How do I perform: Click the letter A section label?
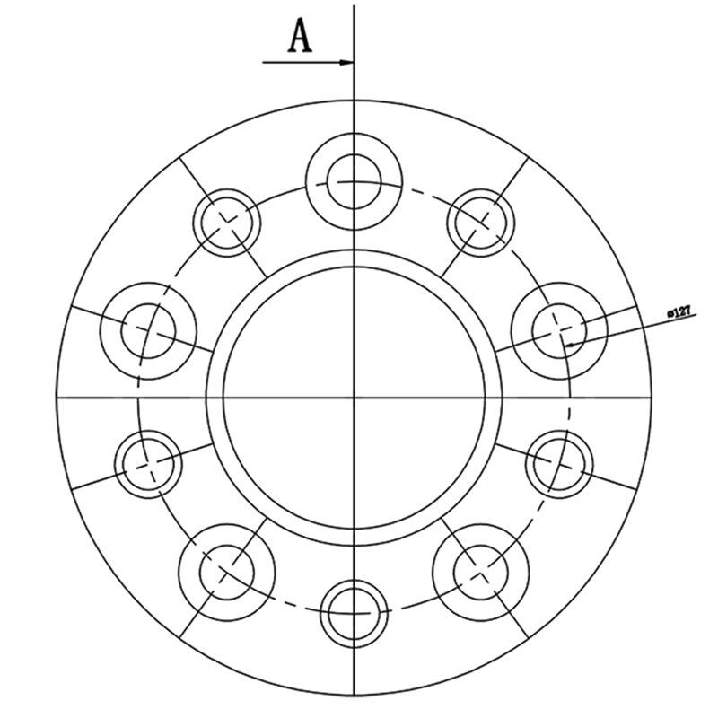(x=301, y=36)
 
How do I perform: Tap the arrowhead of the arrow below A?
(x=346, y=62)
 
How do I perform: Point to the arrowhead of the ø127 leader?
(x=570, y=345)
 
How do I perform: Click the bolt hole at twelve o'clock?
(x=354, y=181)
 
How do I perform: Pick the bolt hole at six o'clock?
(x=354, y=614)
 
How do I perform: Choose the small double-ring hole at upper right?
(x=481, y=223)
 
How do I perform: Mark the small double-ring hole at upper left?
(x=227, y=223)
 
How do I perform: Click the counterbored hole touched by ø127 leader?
(x=559, y=330)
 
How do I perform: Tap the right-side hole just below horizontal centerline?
(x=559, y=464)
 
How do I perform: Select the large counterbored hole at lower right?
(x=481, y=573)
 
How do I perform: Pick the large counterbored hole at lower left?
(x=227, y=573)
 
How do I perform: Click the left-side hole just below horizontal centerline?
(x=148, y=464)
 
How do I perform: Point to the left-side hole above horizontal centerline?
(x=148, y=330)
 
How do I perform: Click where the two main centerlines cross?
(x=354, y=398)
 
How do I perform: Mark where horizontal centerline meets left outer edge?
(x=56, y=398)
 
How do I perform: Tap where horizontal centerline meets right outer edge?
(x=652, y=398)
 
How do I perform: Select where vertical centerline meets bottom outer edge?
(x=354, y=695)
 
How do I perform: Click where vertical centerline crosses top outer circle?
(x=354, y=100)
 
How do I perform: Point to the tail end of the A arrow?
(x=263, y=62)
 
